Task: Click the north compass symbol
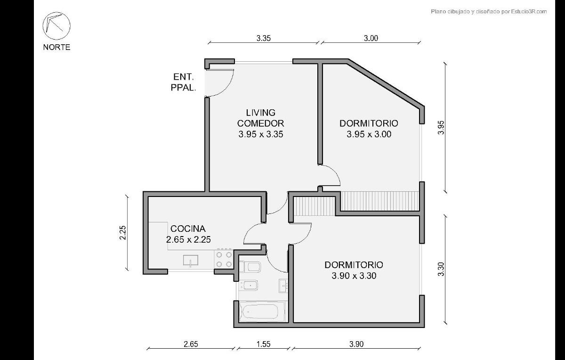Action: point(56,26)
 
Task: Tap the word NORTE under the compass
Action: point(56,47)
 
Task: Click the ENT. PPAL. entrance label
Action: point(183,82)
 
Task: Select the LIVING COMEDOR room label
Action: point(260,118)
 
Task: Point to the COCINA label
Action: point(188,229)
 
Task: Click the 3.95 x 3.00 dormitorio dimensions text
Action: point(369,134)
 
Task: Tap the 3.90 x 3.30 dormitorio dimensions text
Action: point(354,276)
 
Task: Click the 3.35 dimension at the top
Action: point(264,38)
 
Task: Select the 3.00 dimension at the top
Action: point(371,38)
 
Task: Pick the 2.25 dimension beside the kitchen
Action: point(122,232)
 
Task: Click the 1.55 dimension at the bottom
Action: point(263,344)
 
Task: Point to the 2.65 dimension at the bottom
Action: point(191,344)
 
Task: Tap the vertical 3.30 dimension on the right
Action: point(441,269)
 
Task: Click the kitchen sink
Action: point(191,261)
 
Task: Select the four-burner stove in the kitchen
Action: point(224,259)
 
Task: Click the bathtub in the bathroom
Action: point(262,311)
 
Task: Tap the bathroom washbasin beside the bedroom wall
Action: point(283,286)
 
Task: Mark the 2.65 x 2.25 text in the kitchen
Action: point(188,239)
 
